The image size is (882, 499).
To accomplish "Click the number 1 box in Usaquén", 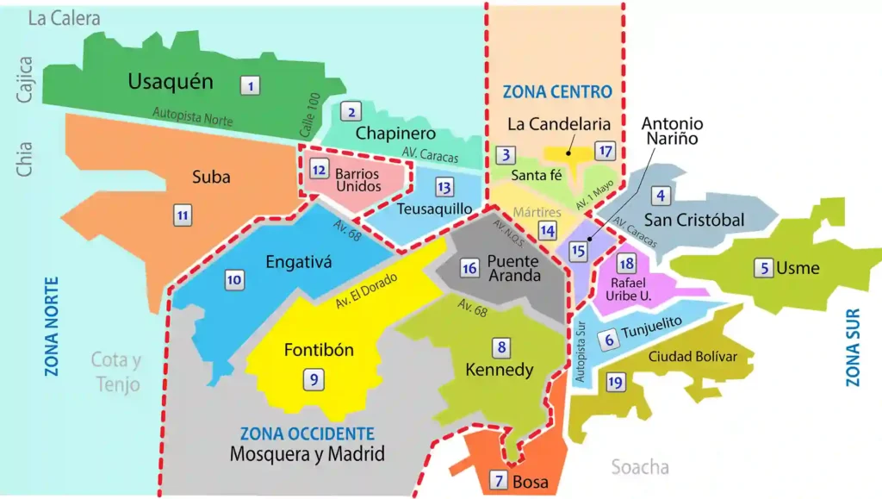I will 250,85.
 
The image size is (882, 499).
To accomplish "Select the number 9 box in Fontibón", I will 314,377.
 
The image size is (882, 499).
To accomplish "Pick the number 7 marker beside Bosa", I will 498,481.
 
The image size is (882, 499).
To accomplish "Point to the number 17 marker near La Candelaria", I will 606,152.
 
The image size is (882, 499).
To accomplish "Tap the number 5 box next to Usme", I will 763,268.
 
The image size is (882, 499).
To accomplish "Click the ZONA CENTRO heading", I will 556,91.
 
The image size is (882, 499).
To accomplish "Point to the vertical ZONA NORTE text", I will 52,327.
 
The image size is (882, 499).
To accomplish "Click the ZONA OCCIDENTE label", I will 307,434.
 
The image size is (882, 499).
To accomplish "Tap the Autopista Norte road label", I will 192,116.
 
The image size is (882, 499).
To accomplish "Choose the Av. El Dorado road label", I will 369,291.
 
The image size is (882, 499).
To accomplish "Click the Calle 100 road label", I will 309,115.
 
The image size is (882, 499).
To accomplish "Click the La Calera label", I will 65,18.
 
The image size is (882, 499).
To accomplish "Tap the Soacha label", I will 640,467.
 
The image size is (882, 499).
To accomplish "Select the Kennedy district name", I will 500,370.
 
